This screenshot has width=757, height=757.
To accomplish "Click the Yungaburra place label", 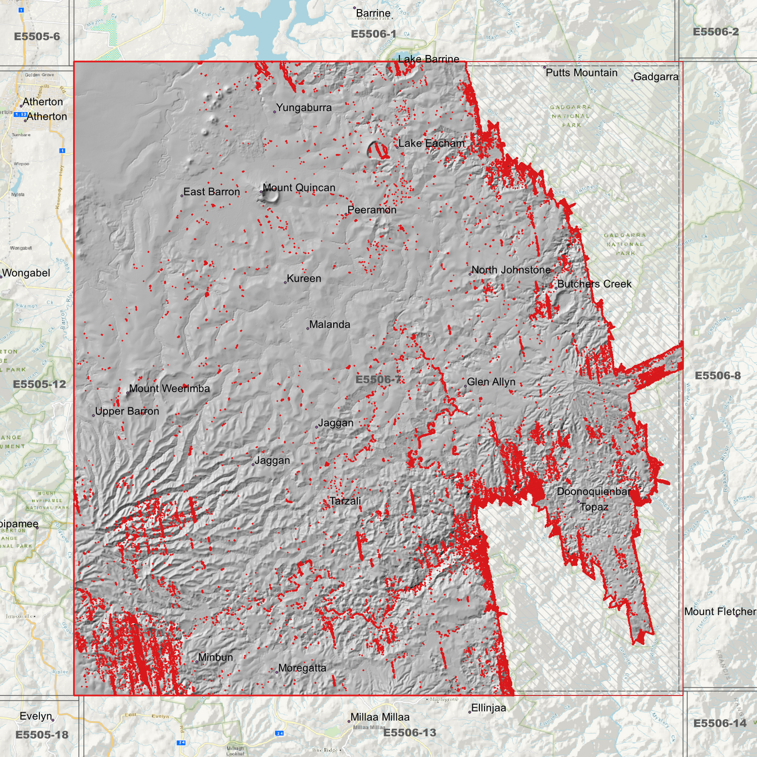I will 303,108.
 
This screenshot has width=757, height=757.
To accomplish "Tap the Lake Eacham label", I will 431,144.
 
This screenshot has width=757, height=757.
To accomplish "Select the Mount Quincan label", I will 299,188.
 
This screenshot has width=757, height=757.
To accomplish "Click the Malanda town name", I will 330,325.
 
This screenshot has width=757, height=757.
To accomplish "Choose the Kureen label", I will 304,279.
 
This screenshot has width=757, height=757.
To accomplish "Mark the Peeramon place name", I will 372,210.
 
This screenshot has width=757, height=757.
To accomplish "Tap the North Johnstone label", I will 511,270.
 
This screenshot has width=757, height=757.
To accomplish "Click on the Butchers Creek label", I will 594,284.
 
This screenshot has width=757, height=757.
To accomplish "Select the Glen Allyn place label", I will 491,382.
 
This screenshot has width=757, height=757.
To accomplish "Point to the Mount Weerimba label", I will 169,389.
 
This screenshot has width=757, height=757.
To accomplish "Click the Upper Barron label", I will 127,412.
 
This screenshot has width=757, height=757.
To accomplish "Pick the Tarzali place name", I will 345,501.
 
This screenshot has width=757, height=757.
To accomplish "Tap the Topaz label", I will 594,507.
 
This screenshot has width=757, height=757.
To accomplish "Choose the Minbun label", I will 215,657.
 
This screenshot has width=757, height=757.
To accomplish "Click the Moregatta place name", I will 302,668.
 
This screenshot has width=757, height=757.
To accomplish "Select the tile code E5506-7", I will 378,379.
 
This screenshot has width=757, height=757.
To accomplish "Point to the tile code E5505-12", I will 40,384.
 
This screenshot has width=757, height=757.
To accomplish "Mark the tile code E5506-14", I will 719,723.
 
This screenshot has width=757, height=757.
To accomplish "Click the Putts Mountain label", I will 582,73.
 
